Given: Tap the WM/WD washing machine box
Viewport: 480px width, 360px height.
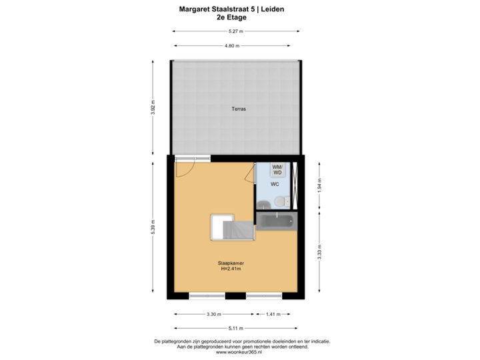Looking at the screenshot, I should click(x=277, y=169).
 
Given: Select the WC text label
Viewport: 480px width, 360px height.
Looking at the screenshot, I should click(x=274, y=184).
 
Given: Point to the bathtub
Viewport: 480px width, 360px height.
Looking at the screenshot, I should click(x=275, y=221).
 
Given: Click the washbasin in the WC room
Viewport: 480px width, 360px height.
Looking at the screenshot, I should click(x=262, y=201).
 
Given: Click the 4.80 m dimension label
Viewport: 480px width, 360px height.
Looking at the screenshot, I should click(x=231, y=45).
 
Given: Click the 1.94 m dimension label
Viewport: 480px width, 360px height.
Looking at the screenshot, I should click(x=319, y=183).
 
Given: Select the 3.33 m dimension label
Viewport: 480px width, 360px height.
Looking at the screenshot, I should click(x=319, y=251).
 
